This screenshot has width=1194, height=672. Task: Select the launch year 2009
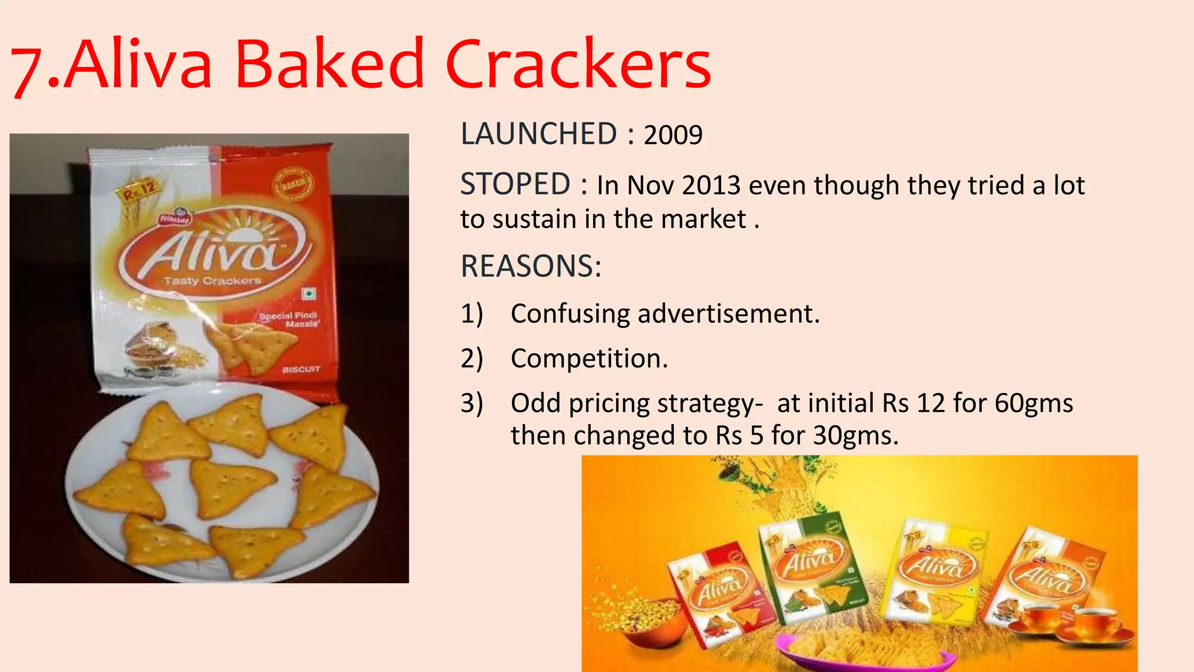(673, 135)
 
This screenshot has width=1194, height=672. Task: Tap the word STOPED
(515, 184)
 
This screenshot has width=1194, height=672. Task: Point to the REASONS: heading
(531, 267)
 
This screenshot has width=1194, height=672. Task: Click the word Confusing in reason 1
(570, 314)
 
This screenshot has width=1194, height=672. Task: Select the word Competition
(589, 358)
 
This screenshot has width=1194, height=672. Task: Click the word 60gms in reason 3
(1033, 403)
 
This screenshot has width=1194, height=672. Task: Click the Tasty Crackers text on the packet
(212, 281)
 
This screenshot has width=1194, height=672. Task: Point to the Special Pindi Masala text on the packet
(289, 319)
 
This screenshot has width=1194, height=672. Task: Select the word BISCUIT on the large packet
(301, 369)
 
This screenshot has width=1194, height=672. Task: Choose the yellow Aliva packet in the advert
(933, 572)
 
